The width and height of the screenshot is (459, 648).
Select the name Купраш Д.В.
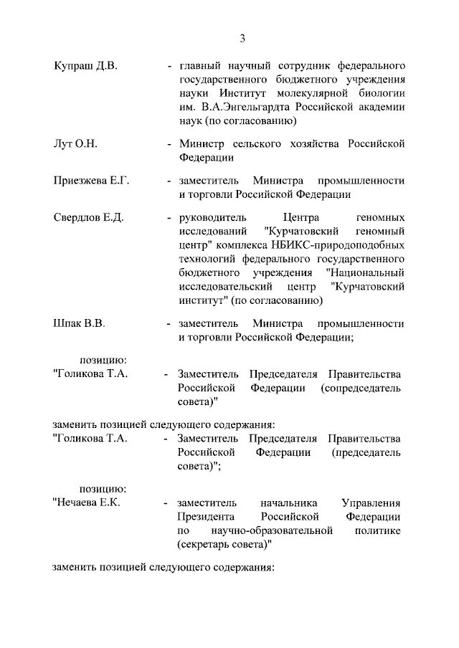point(85,66)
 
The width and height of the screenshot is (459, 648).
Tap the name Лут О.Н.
point(75,144)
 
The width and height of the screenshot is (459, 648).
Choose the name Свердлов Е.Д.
point(89,218)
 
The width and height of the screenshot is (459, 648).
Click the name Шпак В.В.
point(80,323)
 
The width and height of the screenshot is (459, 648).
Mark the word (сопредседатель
point(361,388)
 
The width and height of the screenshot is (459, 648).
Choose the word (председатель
point(366,452)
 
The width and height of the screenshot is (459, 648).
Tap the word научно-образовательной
point(273,530)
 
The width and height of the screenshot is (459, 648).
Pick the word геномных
point(380,218)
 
